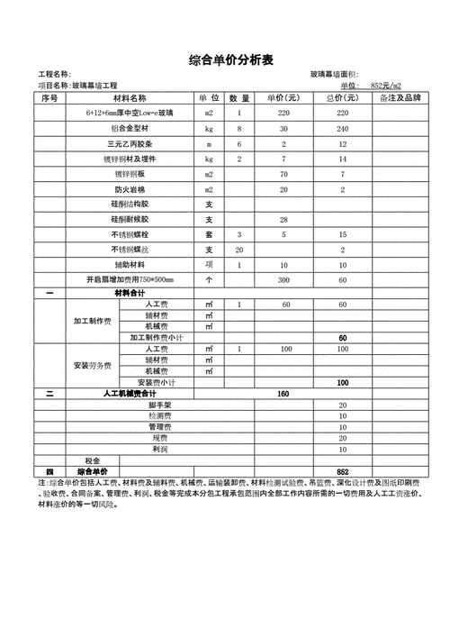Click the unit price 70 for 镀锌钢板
pos(283,174)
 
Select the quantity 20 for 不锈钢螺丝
pos(238,250)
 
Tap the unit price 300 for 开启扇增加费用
pos(283,280)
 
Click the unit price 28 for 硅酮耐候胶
pos(283,220)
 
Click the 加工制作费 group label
pos(92,321)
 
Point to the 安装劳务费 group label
pos(92,365)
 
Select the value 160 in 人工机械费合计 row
pos(283,394)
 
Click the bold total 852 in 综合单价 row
pos(342,471)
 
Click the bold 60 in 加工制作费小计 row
pos(342,337)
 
